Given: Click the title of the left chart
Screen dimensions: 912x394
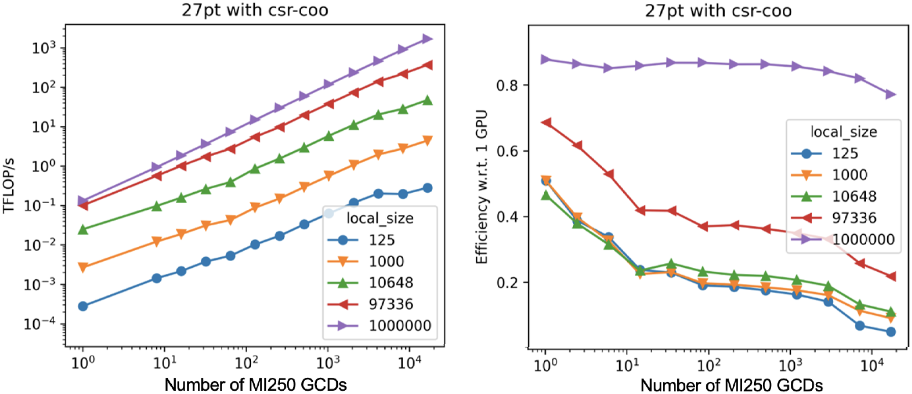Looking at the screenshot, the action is pos(255,10).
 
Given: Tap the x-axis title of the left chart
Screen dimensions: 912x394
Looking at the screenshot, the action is pos(256,384).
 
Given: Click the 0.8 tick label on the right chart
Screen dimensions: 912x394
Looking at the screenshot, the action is pos(507,85).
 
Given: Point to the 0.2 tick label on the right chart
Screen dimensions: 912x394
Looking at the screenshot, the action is pos(507,283).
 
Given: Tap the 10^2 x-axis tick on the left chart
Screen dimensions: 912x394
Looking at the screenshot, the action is pos(247,362).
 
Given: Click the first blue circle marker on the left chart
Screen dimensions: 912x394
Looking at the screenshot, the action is pos(83,306).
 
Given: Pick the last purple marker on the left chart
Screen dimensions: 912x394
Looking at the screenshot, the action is pos(428,39).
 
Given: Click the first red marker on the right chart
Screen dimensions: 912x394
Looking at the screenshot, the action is pos(546,123).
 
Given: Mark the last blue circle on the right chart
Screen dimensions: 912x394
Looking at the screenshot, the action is pos(891,332).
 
